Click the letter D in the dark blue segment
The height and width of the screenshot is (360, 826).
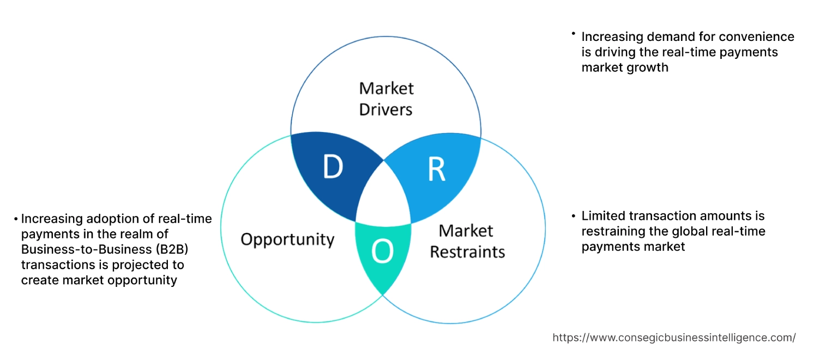333,168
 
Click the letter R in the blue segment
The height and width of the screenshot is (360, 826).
436,170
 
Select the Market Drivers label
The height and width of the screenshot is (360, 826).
386,99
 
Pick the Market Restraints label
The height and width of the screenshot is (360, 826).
467,241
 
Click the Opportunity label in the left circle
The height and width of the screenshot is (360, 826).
287,239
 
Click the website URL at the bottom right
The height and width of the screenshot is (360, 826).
674,338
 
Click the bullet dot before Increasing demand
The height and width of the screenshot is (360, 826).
574,34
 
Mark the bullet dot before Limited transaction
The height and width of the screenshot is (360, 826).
574,216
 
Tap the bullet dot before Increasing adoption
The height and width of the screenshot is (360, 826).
16,219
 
